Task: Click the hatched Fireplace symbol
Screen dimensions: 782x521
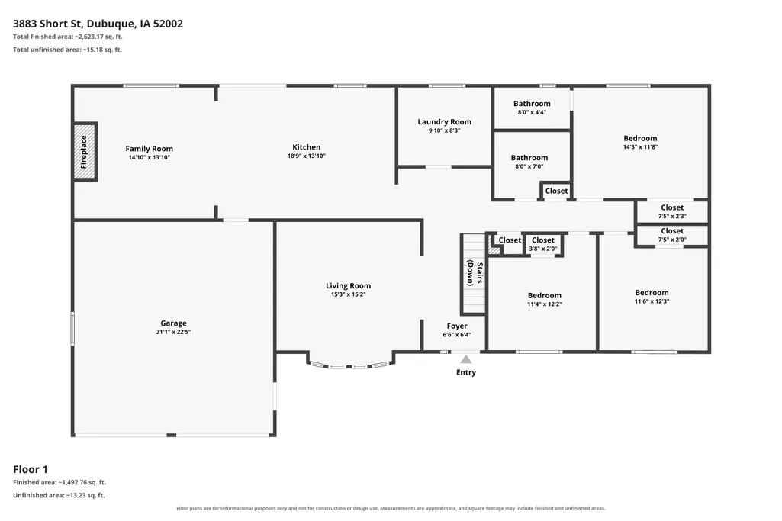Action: pos(84,152)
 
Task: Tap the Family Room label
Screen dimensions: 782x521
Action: pos(149,149)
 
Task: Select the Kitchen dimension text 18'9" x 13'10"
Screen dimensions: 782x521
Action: pos(306,156)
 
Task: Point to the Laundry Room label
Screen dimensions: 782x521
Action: pos(444,121)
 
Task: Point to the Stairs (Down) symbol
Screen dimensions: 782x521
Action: pos(473,274)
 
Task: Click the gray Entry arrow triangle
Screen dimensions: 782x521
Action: pos(466,359)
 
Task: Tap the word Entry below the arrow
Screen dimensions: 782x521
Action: pos(466,372)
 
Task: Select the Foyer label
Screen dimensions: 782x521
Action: pos(457,326)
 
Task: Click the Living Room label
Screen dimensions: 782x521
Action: pos(348,286)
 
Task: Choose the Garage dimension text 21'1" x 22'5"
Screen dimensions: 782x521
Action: pos(173,332)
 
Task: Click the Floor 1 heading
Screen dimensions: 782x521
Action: pos(31,469)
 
